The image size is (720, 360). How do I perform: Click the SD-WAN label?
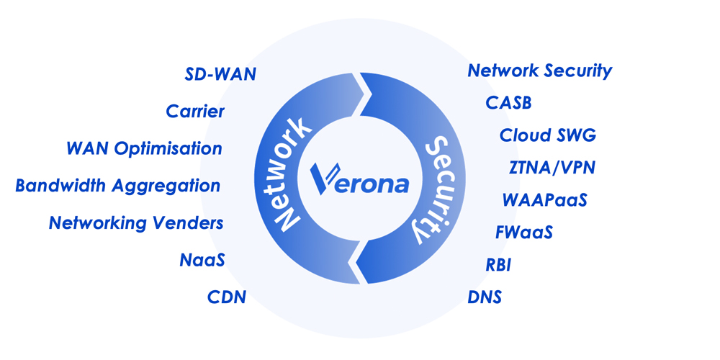pyautogui.click(x=220, y=74)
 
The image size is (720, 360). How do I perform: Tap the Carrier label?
pyautogui.click(x=195, y=112)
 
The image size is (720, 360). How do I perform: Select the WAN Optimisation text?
pyautogui.click(x=144, y=149)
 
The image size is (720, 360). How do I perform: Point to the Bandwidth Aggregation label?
pyautogui.click(x=118, y=186)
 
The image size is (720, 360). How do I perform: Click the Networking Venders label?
pyautogui.click(x=136, y=223)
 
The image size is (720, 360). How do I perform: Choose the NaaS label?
pyautogui.click(x=202, y=260)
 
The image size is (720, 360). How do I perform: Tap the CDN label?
pyautogui.click(x=227, y=297)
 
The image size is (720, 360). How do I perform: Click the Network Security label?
pyautogui.click(x=540, y=71)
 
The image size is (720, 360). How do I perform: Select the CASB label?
pyautogui.click(x=508, y=103)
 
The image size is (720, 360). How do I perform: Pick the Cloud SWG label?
pyautogui.click(x=548, y=135)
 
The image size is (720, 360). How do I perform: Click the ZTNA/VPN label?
pyautogui.click(x=552, y=168)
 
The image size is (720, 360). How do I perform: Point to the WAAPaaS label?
pyautogui.click(x=544, y=199)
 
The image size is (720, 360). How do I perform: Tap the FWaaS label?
pyautogui.click(x=524, y=233)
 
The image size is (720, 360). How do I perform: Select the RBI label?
pyautogui.click(x=498, y=265)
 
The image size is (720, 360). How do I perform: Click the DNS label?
pyautogui.click(x=485, y=297)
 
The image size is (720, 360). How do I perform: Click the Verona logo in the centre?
pyautogui.click(x=359, y=179)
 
